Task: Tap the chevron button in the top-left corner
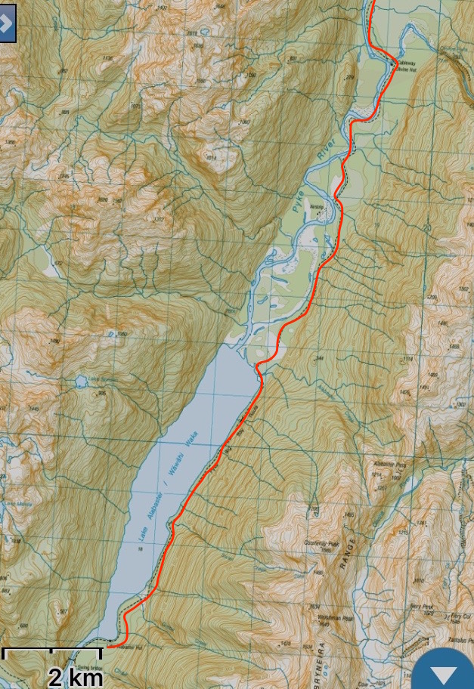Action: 7,23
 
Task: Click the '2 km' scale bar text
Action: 75,677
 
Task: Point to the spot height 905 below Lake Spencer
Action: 101,393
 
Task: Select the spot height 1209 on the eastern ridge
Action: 432,298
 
